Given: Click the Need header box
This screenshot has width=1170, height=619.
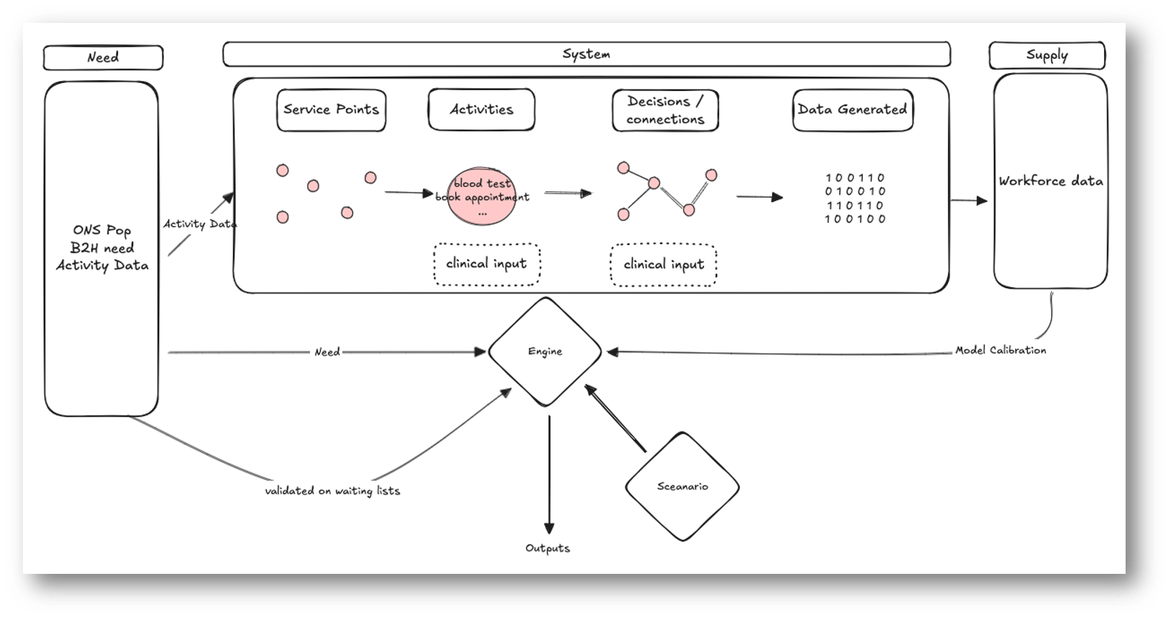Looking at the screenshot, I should [102, 57].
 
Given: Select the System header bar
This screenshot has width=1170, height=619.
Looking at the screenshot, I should [586, 54].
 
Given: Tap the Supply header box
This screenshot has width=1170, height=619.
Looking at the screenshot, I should [1046, 55].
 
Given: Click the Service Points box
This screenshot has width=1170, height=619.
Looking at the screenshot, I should [331, 110].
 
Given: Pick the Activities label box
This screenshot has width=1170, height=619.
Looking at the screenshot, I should [481, 110].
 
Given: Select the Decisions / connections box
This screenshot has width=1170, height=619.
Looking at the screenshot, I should [664, 110].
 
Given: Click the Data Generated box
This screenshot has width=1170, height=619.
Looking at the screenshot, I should [852, 110].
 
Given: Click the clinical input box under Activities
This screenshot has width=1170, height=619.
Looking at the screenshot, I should [487, 264].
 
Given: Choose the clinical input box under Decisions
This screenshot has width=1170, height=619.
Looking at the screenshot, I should [663, 264].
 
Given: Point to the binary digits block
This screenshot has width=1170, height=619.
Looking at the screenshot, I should [855, 198].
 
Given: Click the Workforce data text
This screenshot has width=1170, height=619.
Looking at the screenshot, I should [1050, 181].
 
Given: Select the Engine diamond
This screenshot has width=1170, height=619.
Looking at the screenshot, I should [545, 352].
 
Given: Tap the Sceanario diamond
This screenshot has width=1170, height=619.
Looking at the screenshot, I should [682, 486].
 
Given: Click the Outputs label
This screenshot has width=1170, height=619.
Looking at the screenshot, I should [548, 548].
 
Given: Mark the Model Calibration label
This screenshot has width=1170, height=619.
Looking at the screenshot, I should [1000, 350].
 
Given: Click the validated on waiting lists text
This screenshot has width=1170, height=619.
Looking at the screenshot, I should [332, 491].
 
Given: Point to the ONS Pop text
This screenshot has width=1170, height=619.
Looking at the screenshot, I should [102, 230].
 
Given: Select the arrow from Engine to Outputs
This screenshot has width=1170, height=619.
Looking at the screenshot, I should [548, 473].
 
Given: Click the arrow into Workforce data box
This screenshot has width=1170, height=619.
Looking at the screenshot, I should [969, 201].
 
